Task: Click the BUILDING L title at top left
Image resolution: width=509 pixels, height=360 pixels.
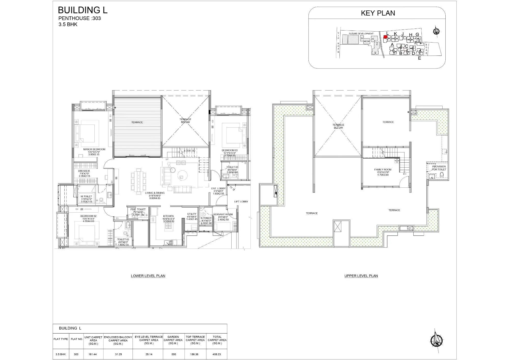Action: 83,10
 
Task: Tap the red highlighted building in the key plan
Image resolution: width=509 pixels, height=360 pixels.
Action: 385,37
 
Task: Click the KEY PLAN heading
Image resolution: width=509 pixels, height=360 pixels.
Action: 378,13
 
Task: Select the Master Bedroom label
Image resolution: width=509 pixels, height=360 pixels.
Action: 94,149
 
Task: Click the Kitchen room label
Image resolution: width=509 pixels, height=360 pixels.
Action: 168,216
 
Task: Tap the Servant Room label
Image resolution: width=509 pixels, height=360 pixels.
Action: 223,214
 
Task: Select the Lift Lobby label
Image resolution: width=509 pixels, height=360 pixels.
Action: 241,202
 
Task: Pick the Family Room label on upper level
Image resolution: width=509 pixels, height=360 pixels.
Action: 383,170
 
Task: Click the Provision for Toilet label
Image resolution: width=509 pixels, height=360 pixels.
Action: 439,168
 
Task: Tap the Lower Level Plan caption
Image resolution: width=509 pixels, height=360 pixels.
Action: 148,276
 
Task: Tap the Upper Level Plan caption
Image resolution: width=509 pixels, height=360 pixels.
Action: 361,276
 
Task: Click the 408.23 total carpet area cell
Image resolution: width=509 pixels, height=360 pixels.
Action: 217,354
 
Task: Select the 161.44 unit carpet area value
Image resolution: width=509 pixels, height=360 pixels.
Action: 93,354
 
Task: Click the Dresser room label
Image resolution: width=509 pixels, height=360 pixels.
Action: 84,171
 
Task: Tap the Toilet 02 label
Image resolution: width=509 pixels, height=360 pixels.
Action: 123,240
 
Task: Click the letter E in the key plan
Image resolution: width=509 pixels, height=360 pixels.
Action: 419,58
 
